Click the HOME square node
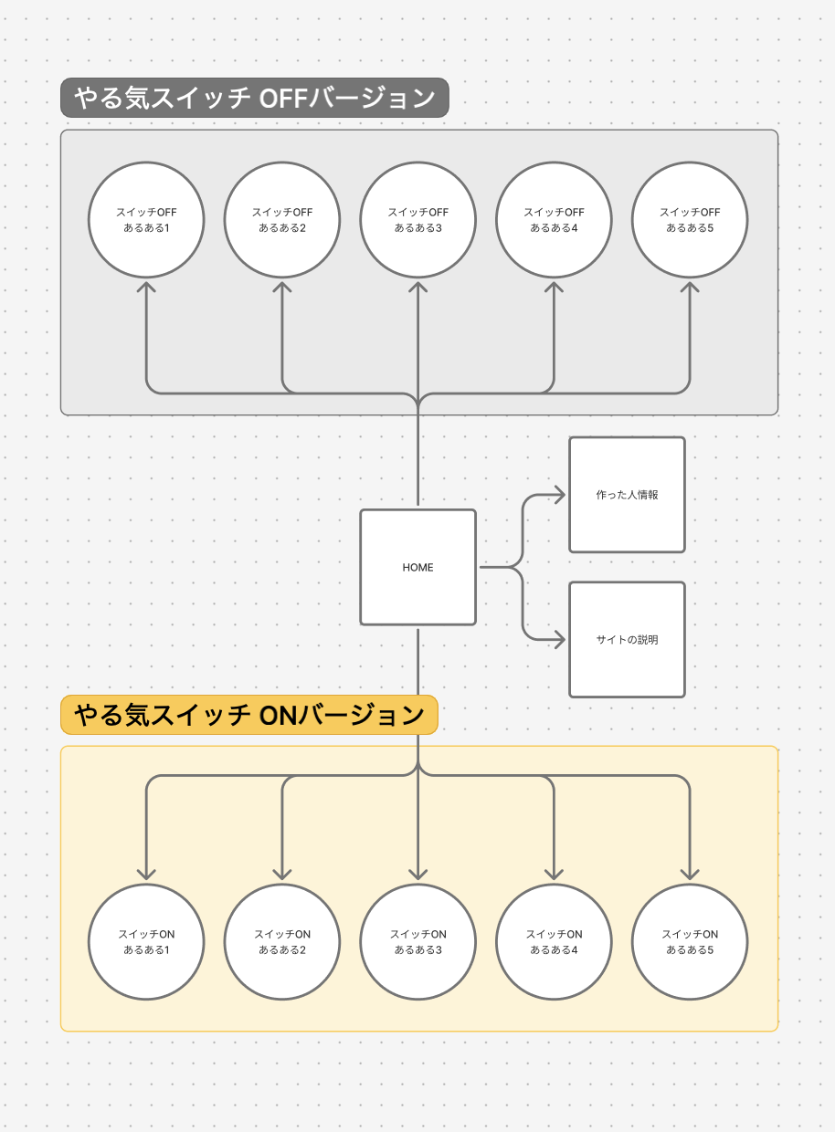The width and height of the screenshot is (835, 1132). pyautogui.click(x=417, y=567)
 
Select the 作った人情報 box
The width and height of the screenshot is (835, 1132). pyautogui.click(x=627, y=495)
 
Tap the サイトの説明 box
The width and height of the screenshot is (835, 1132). pyautogui.click(x=627, y=640)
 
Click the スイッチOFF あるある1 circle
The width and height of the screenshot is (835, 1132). pyautogui.click(x=146, y=219)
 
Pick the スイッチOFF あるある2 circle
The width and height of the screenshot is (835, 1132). pyautogui.click(x=282, y=219)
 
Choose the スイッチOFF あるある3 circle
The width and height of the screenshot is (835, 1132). pyautogui.click(x=417, y=219)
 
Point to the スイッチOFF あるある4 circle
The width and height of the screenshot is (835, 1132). pyautogui.click(x=554, y=219)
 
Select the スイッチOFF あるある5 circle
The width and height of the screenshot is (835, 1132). pyautogui.click(x=690, y=219)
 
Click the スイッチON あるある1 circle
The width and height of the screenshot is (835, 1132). pyautogui.click(x=146, y=941)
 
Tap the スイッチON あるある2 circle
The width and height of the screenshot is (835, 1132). pyautogui.click(x=282, y=941)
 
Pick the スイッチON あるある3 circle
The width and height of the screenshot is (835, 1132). pyautogui.click(x=417, y=941)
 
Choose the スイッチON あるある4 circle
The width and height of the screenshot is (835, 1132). pyautogui.click(x=554, y=941)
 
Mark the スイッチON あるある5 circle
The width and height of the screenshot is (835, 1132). pyautogui.click(x=690, y=941)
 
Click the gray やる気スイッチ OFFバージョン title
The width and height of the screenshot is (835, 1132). pyautogui.click(x=255, y=98)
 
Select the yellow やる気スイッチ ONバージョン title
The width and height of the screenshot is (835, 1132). pyautogui.click(x=249, y=715)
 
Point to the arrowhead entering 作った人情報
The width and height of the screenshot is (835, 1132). pyautogui.click(x=560, y=495)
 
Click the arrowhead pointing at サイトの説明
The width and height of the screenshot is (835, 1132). pyautogui.click(x=560, y=640)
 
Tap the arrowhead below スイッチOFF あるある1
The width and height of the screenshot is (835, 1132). pyautogui.click(x=146, y=287)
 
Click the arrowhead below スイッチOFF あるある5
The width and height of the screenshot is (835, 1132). pyautogui.click(x=690, y=287)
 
